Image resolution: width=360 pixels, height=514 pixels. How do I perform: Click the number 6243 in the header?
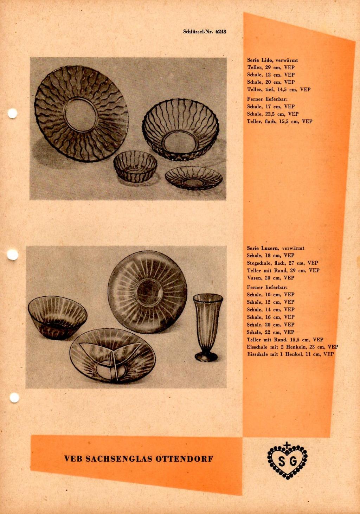[221, 32]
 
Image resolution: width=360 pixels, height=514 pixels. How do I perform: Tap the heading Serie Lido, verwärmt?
[272, 60]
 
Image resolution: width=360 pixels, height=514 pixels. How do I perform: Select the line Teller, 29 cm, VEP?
[271, 68]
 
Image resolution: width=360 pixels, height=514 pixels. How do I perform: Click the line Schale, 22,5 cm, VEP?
[272, 114]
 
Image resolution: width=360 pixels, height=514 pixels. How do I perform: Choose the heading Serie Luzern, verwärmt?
[276, 248]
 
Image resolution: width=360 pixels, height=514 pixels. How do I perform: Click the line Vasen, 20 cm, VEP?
[270, 278]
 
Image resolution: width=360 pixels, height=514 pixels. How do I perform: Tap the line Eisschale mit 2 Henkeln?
[292, 347]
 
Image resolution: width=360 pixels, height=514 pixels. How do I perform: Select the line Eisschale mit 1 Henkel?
[290, 354]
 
